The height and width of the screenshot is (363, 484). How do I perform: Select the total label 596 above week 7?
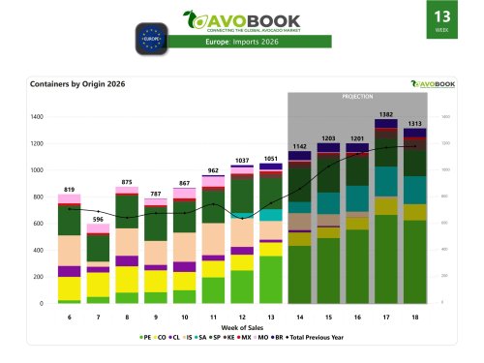[x=97, y=219]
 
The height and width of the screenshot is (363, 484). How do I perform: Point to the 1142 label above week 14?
[x=299, y=146]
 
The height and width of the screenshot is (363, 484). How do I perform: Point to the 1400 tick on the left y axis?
[x=37, y=117]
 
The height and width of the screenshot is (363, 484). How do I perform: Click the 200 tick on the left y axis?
[x=39, y=277]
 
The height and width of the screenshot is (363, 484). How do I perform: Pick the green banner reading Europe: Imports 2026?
[x=241, y=42]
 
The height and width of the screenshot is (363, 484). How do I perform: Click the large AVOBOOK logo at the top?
[x=241, y=20]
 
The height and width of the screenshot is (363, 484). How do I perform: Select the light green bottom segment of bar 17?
[x=385, y=259]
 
